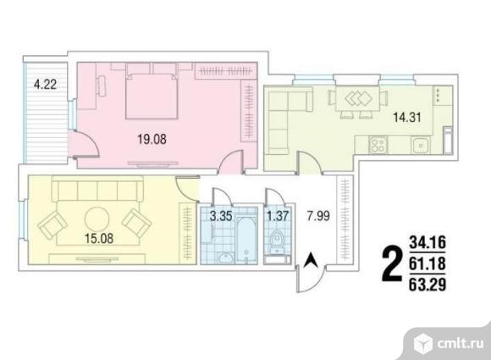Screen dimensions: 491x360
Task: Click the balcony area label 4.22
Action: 46,85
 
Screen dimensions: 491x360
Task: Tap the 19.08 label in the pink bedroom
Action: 152,139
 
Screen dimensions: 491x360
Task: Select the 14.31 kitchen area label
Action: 406,118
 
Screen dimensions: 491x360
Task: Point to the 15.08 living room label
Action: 99,238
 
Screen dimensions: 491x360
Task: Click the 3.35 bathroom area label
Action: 221,216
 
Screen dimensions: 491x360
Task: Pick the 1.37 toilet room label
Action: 278,216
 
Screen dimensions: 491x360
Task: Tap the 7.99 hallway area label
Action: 318,216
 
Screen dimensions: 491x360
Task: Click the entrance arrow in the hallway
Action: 312,260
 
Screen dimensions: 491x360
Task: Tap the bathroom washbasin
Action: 225,258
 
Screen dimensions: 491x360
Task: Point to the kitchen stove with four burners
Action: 378,145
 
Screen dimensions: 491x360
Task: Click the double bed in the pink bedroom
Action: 152,96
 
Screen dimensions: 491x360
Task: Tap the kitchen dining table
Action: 357,99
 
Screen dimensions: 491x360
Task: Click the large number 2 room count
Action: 392,263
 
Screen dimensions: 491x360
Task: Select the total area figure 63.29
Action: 428,285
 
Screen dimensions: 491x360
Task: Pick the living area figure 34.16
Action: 428,243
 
